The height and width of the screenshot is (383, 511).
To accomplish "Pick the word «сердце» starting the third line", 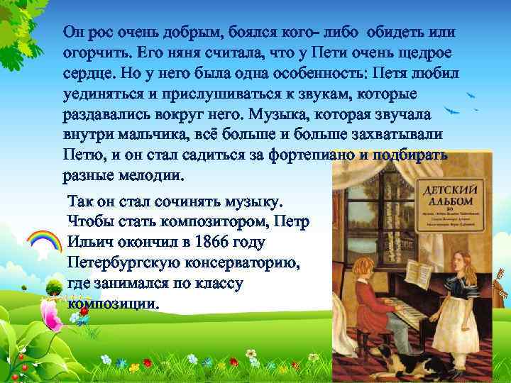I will pyautogui.click(x=89, y=74).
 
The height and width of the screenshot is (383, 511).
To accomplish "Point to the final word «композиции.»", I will pyautogui.click(x=113, y=304).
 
